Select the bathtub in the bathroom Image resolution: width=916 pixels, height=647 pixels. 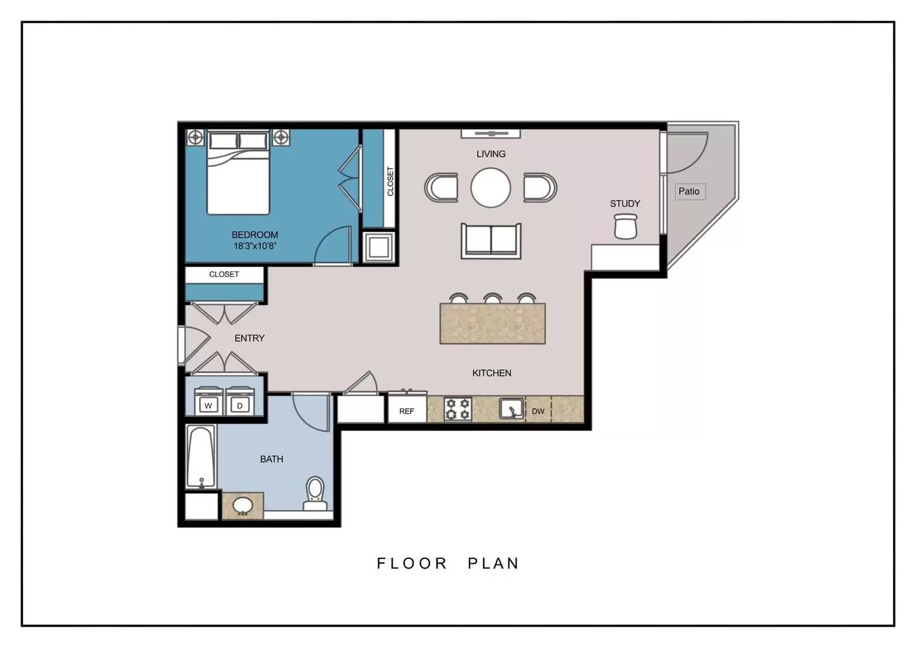coord(201,456)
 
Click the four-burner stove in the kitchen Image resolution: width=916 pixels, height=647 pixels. coord(458,409)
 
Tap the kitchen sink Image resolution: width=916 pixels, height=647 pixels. coord(511,409)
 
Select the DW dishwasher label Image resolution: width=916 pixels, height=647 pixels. coord(538,411)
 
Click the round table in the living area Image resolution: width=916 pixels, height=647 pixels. coord(491,188)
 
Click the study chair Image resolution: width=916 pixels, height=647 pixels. coord(626,226)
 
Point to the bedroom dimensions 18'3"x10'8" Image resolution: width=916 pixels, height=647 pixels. coord(255,246)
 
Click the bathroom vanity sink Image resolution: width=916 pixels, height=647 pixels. coord(243,506)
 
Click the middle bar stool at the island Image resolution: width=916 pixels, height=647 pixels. coord(493,298)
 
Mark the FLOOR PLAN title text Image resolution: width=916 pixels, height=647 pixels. coord(448,563)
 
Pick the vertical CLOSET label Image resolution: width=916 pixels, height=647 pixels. coord(390,181)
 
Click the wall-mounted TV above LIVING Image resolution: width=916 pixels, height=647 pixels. coord(491,133)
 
